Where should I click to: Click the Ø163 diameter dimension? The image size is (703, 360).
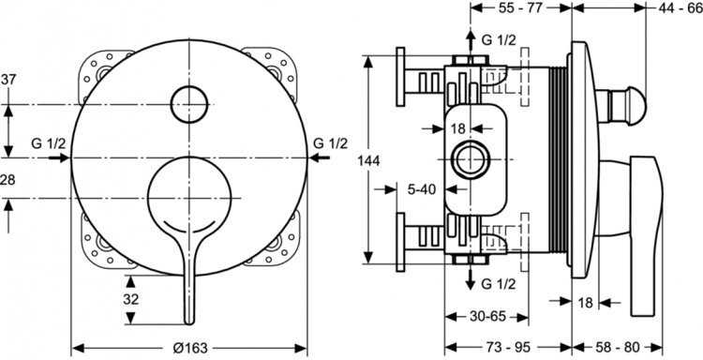click(x=190, y=348)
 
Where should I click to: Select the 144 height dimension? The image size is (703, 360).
click(x=368, y=160)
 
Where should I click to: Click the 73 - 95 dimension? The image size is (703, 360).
click(x=508, y=347)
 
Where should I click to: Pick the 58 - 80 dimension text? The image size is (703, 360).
click(x=618, y=347)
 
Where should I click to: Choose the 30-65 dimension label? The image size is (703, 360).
click(x=487, y=317)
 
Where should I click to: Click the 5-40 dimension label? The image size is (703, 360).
click(x=422, y=189)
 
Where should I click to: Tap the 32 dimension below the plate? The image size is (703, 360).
click(x=131, y=299)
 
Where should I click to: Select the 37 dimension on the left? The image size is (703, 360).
click(x=8, y=80)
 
